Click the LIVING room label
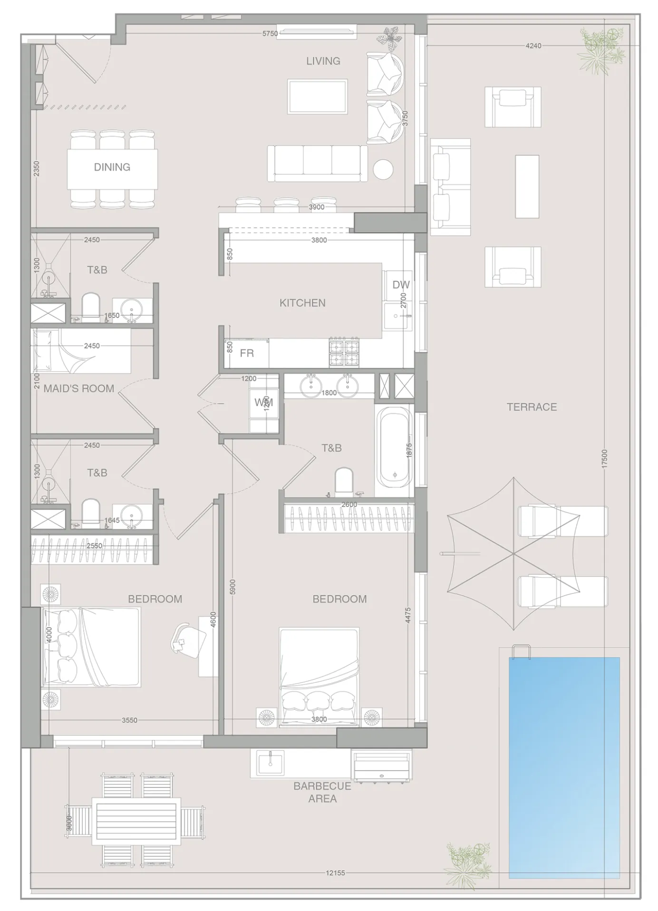(x=323, y=61)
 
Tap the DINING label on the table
(x=112, y=167)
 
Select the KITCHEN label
(x=302, y=303)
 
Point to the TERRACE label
(x=532, y=407)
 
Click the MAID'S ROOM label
(x=79, y=388)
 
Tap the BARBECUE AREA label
(x=322, y=792)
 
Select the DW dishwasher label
(x=401, y=285)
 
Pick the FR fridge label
(x=247, y=353)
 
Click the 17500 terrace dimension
(x=604, y=459)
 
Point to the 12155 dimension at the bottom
(x=335, y=873)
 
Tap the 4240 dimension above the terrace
(x=533, y=46)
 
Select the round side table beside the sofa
(x=383, y=169)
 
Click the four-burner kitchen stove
(x=344, y=352)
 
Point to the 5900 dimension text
(x=232, y=586)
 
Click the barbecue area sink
(x=270, y=763)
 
